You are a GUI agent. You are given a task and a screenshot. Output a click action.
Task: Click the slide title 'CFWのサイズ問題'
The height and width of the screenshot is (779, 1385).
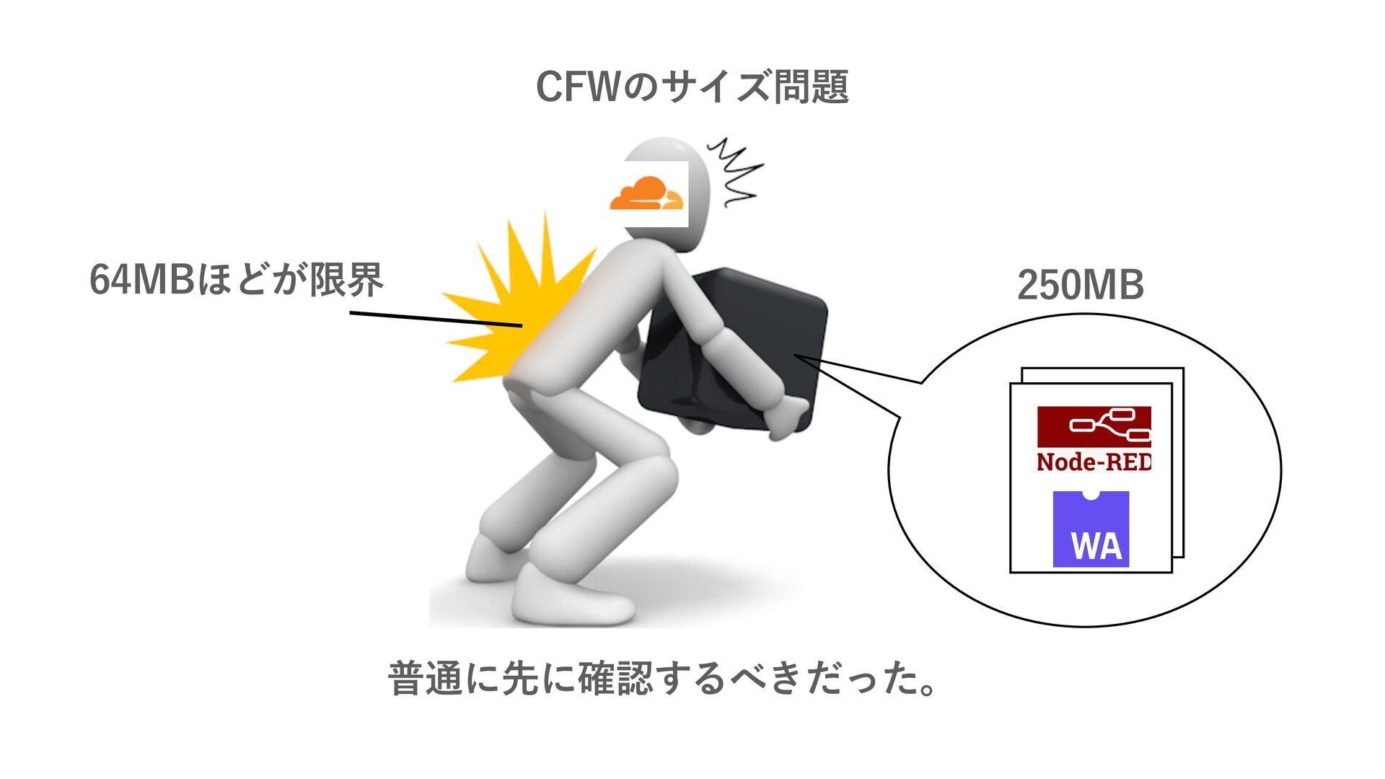[692, 87]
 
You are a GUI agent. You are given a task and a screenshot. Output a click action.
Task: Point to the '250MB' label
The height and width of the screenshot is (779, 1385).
[1080, 285]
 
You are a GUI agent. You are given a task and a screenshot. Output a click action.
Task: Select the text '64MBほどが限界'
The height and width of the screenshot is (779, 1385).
[236, 280]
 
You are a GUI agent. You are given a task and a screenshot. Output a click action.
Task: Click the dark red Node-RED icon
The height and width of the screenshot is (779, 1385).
[1094, 426]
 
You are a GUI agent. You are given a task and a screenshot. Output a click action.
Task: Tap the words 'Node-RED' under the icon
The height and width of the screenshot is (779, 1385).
[1094, 462]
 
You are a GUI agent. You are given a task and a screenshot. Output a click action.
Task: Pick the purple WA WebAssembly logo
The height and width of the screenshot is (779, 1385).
[1091, 529]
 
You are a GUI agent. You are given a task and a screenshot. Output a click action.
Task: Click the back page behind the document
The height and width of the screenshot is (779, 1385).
[1178, 462]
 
